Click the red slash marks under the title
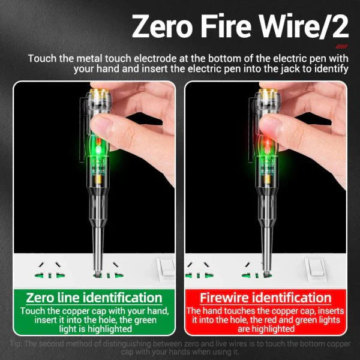[341, 46]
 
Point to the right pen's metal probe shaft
[265, 234]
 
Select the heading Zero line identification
[94, 298]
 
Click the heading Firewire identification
[265, 298]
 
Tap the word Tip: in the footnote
[18, 344]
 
